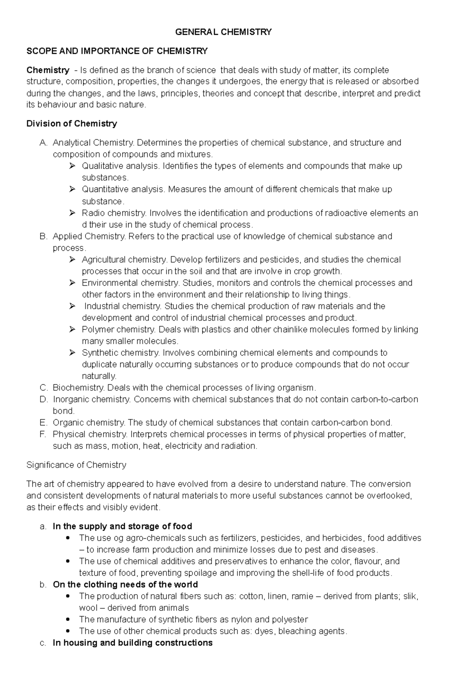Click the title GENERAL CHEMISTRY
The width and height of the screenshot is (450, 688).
pos(223,32)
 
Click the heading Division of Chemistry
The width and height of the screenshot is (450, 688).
pos(72,123)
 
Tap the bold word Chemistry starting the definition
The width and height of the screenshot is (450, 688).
pos(48,70)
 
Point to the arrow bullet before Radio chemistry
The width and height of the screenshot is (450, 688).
pos(72,213)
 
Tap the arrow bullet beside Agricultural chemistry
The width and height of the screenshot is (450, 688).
pos(72,259)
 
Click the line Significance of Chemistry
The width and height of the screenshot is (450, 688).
pos(76,465)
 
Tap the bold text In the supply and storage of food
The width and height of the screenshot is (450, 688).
pos(122,526)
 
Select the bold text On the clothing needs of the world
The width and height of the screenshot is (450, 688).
pos(125,585)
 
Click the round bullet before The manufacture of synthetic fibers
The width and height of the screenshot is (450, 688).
pos(67,619)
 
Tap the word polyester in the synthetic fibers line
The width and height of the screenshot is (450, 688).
pos(289,619)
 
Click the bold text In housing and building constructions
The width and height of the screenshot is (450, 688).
pos(132,643)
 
